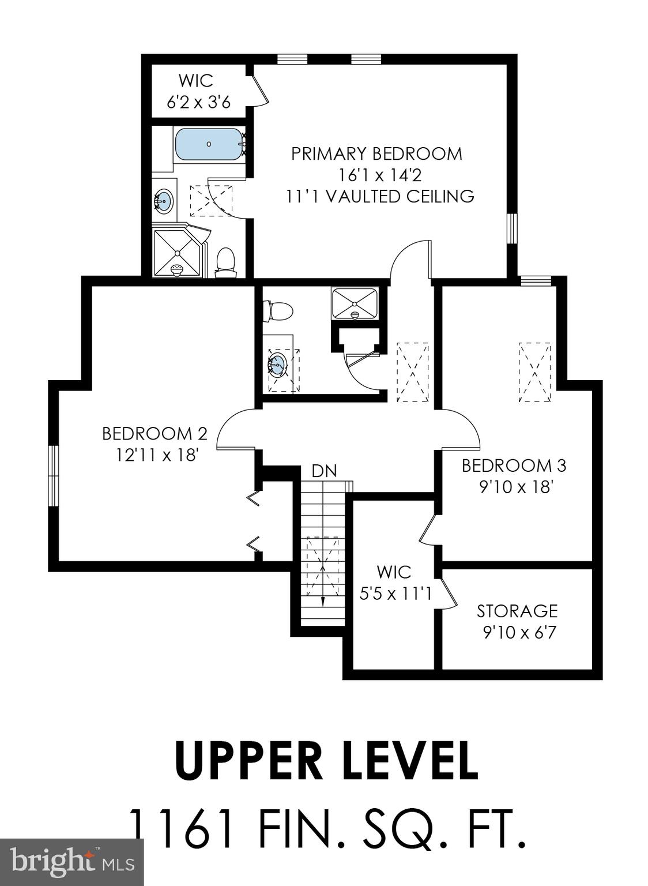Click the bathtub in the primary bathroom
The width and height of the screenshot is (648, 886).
pos(208,144)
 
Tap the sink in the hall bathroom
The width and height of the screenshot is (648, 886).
pos(277,365)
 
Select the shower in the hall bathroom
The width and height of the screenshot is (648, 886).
pos(355,303)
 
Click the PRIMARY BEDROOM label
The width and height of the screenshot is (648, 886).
pos(376,154)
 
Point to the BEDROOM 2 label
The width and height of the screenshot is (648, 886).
pos(155,433)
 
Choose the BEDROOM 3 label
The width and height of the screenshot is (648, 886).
pos(514,465)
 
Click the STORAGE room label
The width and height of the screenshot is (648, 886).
pos(517,610)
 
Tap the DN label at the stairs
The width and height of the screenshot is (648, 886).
pos(324,471)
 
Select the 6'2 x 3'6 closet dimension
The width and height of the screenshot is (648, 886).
pos(198,102)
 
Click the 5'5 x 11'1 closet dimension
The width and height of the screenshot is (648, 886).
pos(395,594)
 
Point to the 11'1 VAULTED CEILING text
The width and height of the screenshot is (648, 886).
pos(380,196)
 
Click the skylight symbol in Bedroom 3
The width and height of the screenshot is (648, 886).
pos(535,373)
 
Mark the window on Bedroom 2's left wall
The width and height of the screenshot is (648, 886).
pos(53,476)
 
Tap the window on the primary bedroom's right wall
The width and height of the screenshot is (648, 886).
pos(512,229)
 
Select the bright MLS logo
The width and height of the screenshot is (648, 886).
pos(71,862)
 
